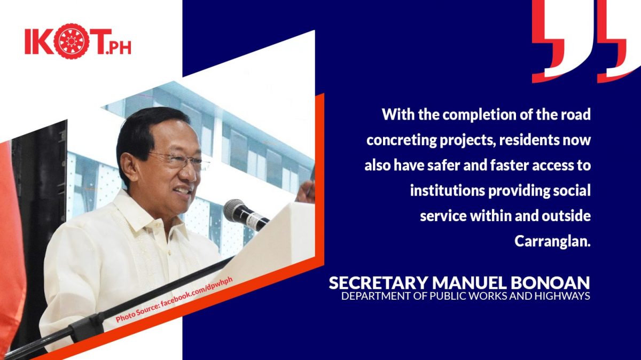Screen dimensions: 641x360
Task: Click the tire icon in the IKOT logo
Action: coord(71,41)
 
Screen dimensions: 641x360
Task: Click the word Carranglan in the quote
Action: coord(552,241)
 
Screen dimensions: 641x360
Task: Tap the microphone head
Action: coord(234,210)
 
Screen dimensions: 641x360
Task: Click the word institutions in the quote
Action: coord(447,190)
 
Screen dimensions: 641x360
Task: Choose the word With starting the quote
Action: coord(398,114)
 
